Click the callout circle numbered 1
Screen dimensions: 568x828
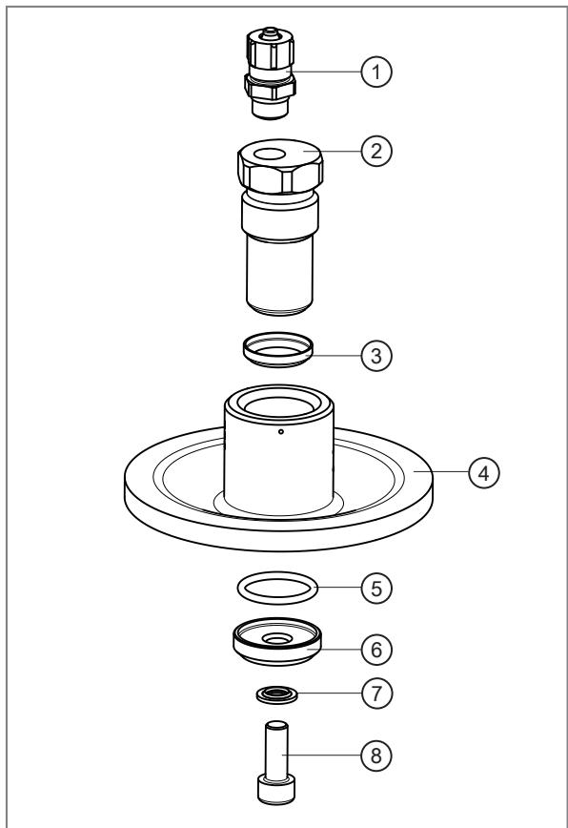(376, 72)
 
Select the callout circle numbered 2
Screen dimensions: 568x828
(376, 151)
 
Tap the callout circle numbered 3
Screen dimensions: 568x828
(376, 356)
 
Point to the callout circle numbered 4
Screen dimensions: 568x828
(483, 472)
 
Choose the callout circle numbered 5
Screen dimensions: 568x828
(376, 588)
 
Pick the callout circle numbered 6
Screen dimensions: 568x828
(376, 650)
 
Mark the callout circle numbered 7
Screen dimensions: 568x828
(376, 693)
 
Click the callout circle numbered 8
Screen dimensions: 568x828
(376, 756)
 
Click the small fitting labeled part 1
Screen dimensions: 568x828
(270, 73)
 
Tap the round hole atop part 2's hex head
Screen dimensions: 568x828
(270, 155)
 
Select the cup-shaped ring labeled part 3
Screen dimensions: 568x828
(278, 349)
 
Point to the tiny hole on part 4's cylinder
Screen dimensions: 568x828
(281, 431)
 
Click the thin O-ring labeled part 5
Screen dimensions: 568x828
(277, 588)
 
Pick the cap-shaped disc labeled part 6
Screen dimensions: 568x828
(277, 642)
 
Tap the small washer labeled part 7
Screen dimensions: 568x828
(277, 694)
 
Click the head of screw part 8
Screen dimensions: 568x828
(276, 789)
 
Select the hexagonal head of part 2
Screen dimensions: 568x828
(280, 166)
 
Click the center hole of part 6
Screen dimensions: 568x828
(277, 639)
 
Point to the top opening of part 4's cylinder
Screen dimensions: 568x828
(279, 405)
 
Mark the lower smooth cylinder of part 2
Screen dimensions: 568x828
(279, 275)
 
